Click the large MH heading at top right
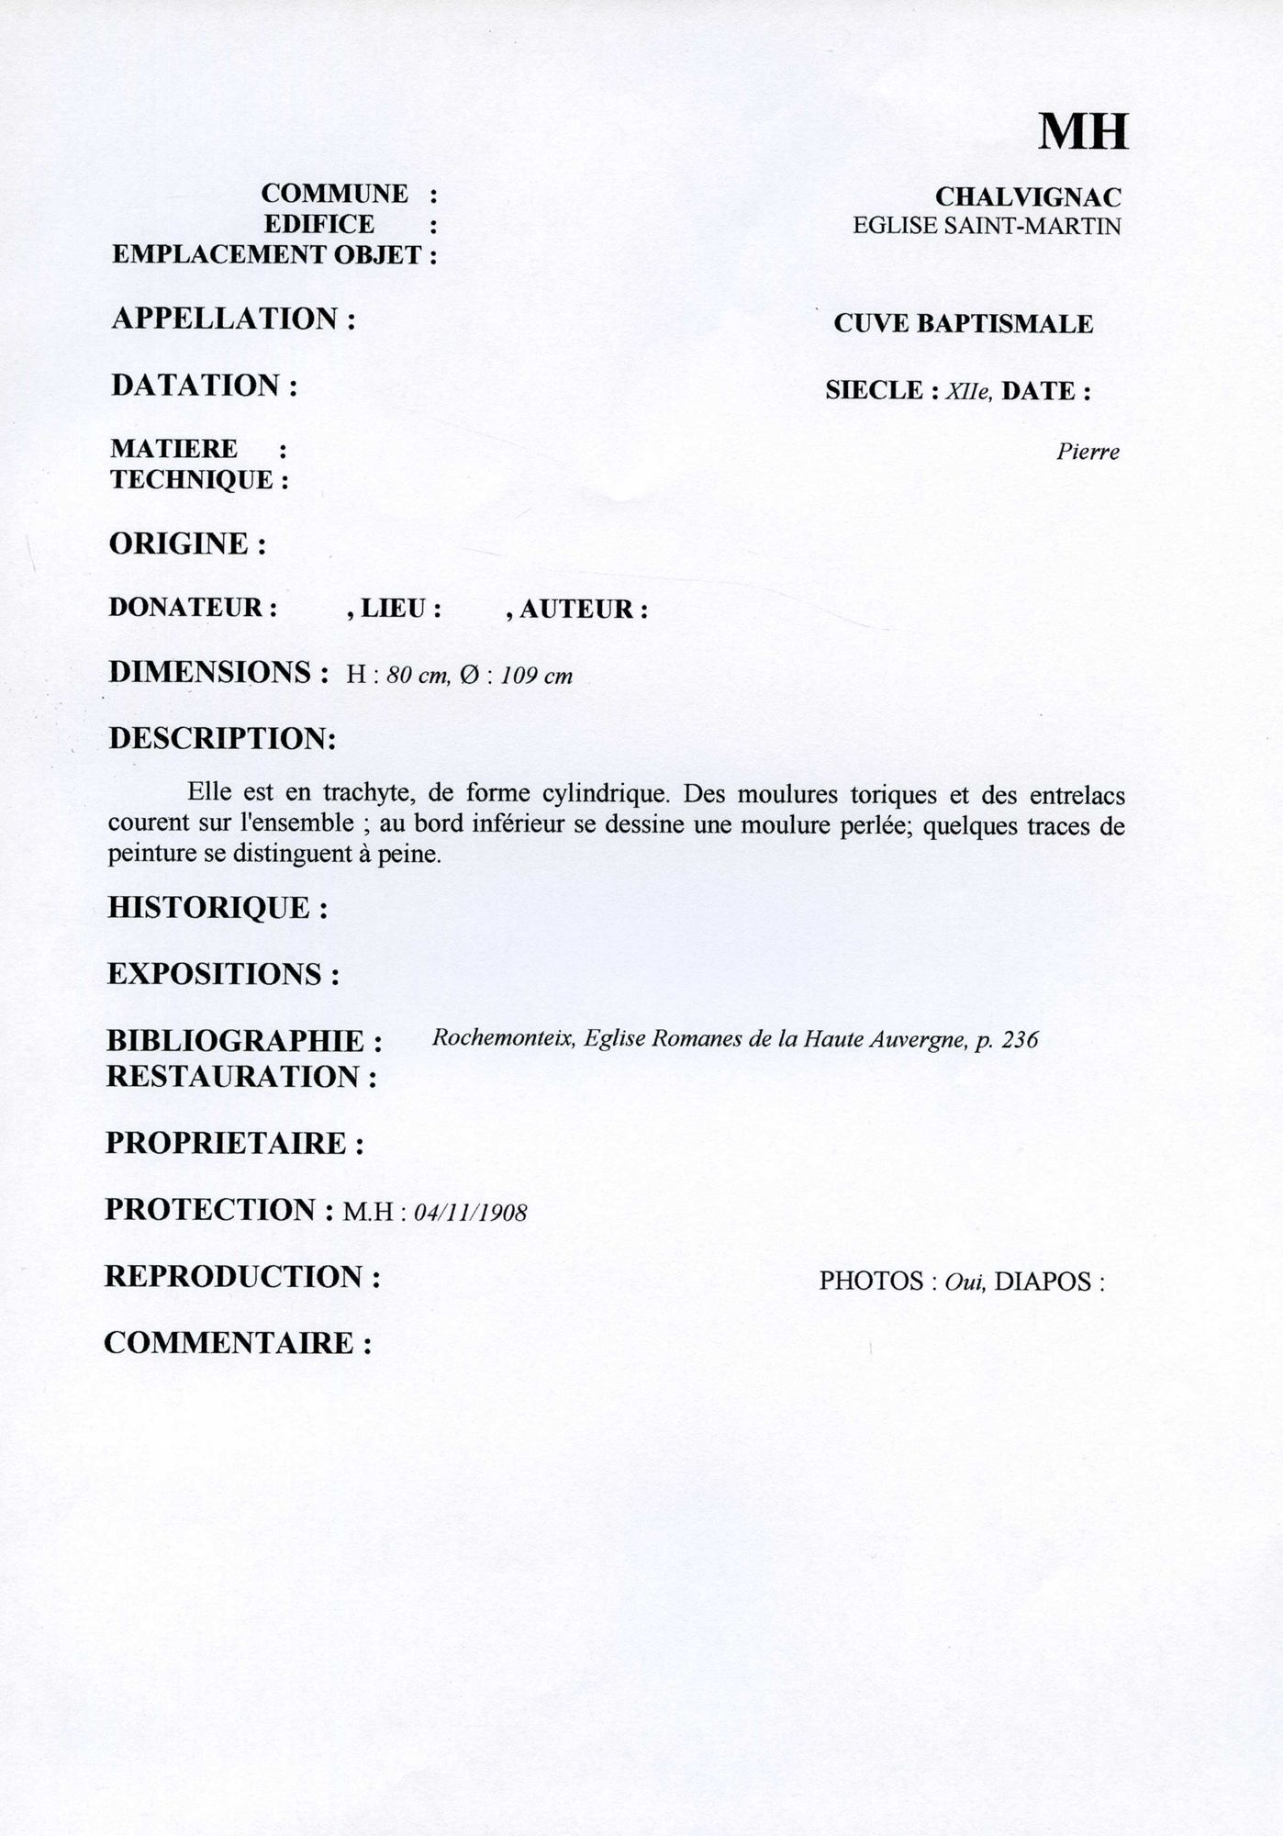1083,133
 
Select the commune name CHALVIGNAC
1028,196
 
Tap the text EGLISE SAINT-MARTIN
987,226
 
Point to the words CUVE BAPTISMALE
963,324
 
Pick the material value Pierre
1088,453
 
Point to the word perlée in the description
872,824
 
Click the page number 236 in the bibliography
1021,1039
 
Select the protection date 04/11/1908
471,1214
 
